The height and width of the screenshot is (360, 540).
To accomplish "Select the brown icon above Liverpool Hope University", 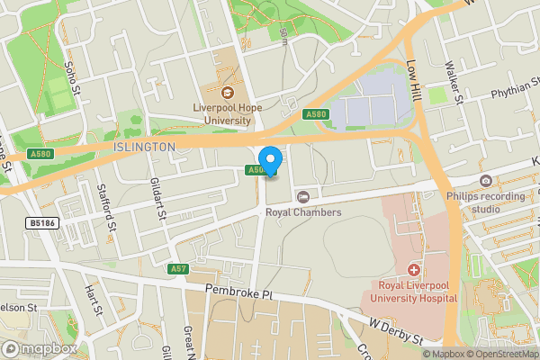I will click(x=227, y=92).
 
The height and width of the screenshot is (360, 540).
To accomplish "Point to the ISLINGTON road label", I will click(x=144, y=147).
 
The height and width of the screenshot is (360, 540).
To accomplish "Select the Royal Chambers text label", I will click(x=303, y=212).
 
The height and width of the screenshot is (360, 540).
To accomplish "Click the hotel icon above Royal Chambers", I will click(x=303, y=196).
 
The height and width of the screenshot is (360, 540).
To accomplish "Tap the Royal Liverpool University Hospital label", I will click(x=414, y=292).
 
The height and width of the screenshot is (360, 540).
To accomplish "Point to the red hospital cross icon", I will click(x=414, y=269).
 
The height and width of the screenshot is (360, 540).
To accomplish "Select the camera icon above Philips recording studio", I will click(x=486, y=181).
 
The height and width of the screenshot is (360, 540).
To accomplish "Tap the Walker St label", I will click(x=454, y=82).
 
